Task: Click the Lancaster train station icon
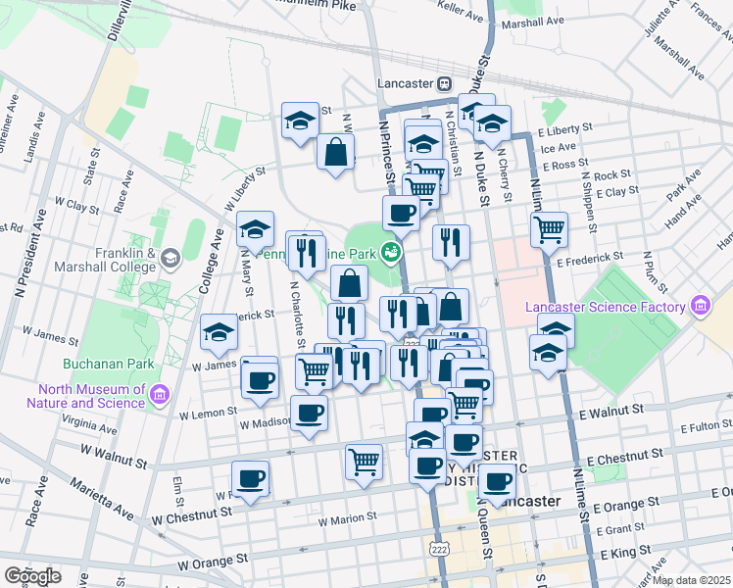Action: click(x=445, y=84)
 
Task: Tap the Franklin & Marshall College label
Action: click(x=125, y=259)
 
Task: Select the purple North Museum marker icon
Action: click(x=160, y=395)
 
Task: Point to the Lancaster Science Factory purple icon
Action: click(x=699, y=307)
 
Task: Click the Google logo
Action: click(x=32, y=576)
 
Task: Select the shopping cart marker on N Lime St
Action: click(x=550, y=229)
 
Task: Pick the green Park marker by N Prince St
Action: click(x=392, y=252)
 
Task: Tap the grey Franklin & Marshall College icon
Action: click(x=171, y=259)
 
